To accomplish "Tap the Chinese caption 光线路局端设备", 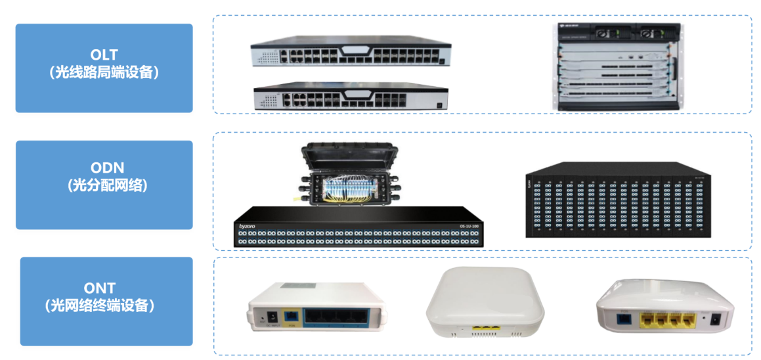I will [104, 72].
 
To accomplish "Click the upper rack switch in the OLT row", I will [351, 54].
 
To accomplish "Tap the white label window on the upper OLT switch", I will [358, 50].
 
